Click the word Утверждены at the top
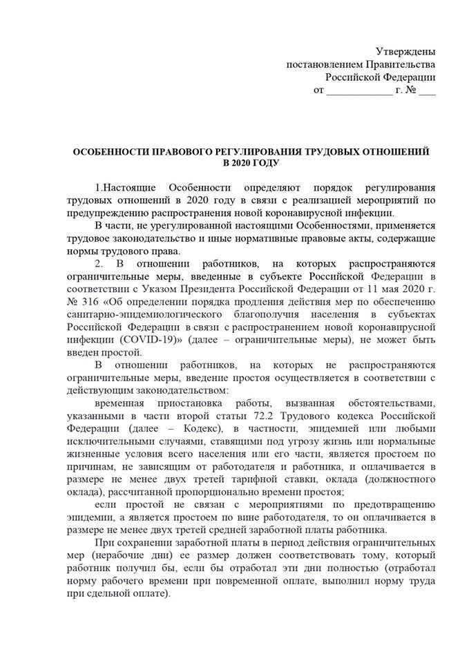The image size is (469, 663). coord(405,52)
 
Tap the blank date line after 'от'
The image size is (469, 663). coord(358,90)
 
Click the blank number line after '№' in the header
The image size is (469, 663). coord(427,90)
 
